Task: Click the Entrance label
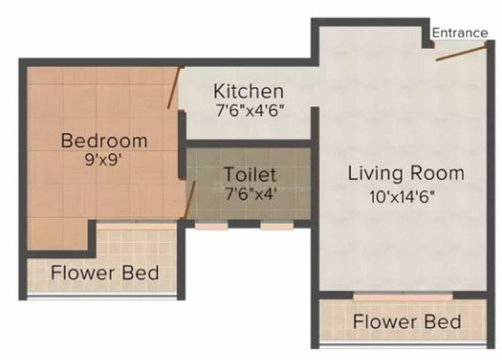pyautogui.click(x=459, y=33)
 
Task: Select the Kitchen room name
pyautogui.click(x=248, y=90)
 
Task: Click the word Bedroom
pyautogui.click(x=104, y=141)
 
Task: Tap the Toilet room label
pyautogui.click(x=249, y=174)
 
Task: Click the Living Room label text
pyautogui.click(x=405, y=173)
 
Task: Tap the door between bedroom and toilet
pyautogui.click(x=190, y=199)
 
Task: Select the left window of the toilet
pyautogui.click(x=212, y=226)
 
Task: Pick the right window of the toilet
pyautogui.click(x=277, y=226)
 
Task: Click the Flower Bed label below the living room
pyautogui.click(x=406, y=322)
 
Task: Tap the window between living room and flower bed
pyautogui.click(x=403, y=297)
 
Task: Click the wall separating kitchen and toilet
pyautogui.click(x=249, y=143)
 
